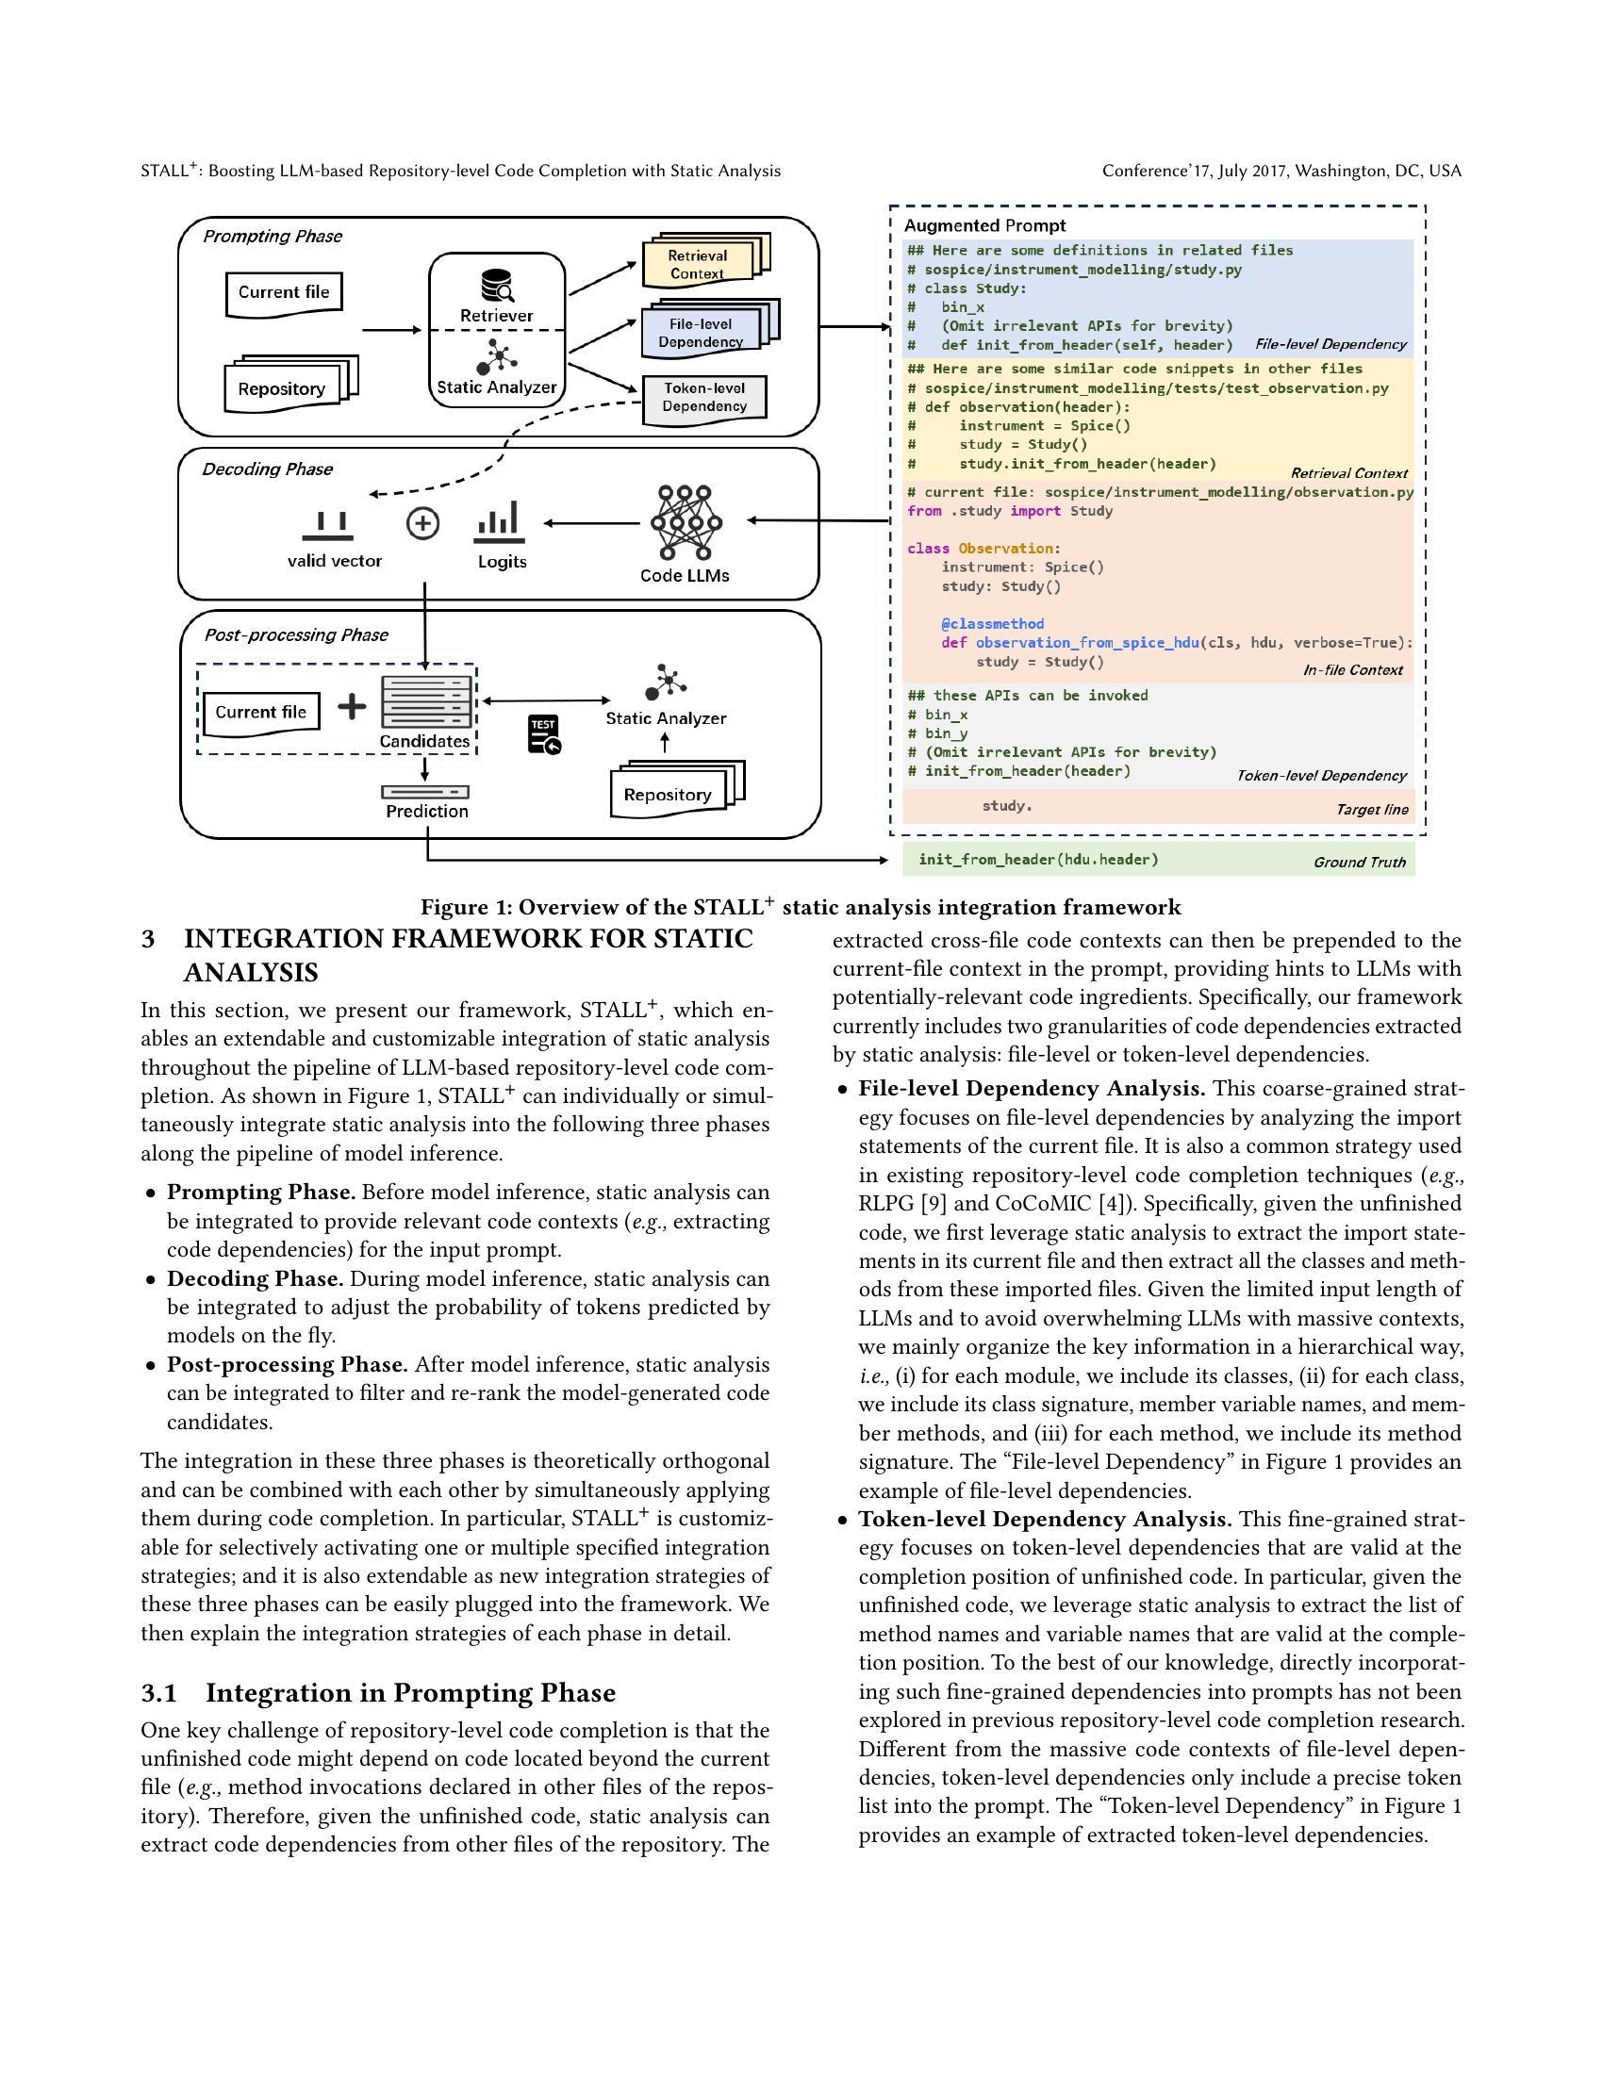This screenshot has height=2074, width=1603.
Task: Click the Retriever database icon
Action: coord(497,286)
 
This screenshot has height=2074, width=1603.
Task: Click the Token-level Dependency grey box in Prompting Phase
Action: coord(703,397)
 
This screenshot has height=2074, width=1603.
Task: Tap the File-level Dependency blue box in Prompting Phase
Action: coord(702,333)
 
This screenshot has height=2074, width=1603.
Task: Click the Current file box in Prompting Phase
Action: coord(283,292)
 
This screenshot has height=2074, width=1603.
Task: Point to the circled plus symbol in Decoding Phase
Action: coord(422,523)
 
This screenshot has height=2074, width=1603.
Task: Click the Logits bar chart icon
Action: coord(499,519)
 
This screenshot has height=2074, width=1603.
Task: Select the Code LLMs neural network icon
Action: coord(686,522)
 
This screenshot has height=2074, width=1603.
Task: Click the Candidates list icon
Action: coord(424,702)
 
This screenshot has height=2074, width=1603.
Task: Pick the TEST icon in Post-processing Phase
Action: coord(544,734)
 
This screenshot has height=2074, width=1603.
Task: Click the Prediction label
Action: coord(426,811)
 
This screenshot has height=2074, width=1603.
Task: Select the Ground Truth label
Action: coord(1359,863)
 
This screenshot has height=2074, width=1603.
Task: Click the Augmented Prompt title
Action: coord(983,226)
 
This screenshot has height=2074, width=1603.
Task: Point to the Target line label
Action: coord(1371,810)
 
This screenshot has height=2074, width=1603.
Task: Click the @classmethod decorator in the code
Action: coord(992,624)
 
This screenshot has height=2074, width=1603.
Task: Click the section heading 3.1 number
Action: coord(159,1693)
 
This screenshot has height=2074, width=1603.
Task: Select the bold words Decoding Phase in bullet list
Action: coord(255,1279)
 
